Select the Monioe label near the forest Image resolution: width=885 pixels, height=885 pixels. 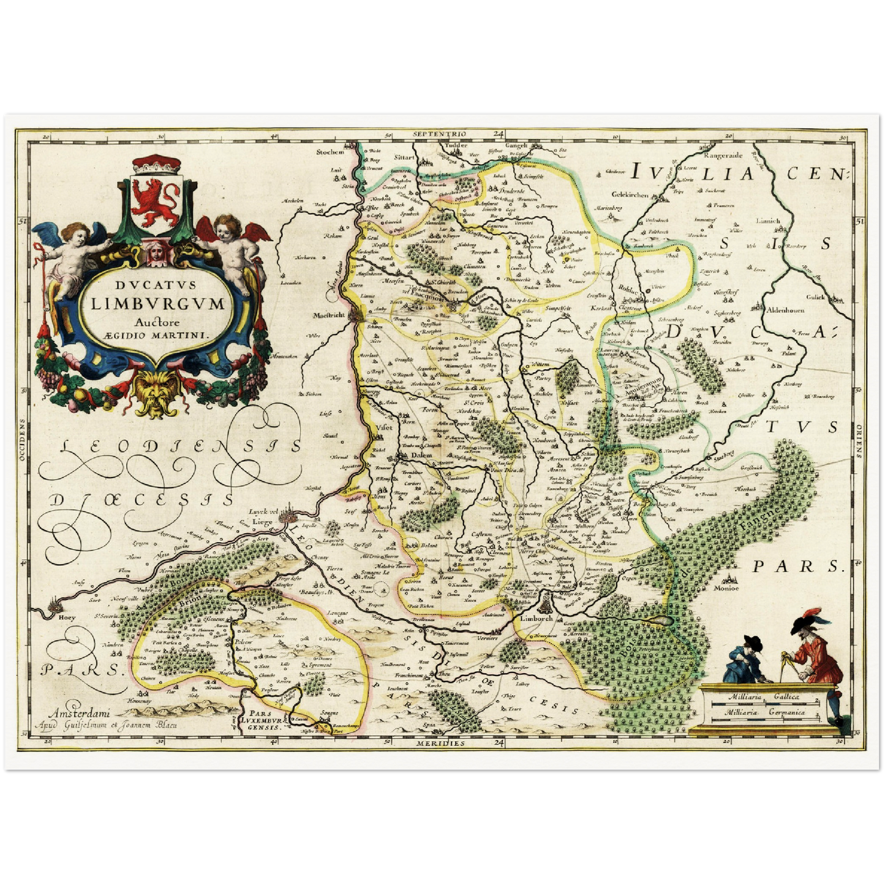click(726, 588)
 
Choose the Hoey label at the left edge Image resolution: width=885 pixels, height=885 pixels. click(67, 617)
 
